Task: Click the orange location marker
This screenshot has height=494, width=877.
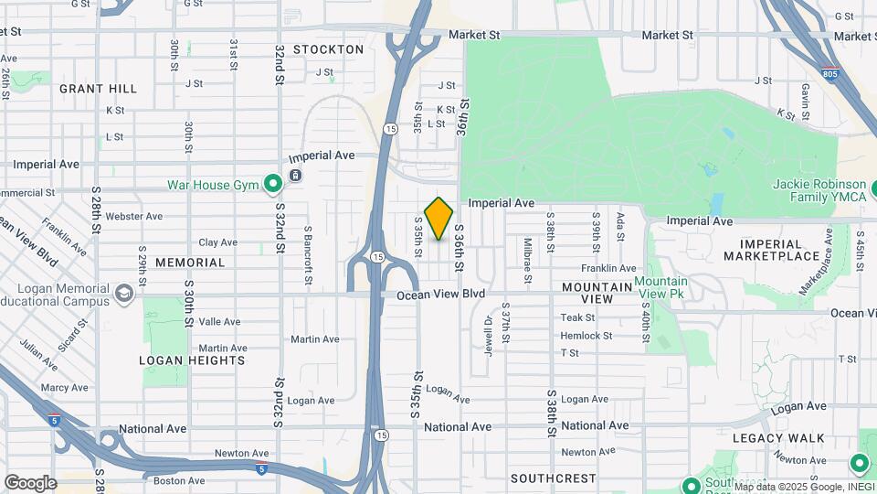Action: (439, 218)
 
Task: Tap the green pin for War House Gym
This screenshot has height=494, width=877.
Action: (272, 185)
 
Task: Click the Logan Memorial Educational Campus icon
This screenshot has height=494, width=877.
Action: (124, 294)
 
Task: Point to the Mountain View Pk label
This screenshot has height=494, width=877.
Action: (661, 288)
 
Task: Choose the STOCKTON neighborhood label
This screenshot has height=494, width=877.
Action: (329, 49)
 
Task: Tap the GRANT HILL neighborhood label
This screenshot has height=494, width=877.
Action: (99, 89)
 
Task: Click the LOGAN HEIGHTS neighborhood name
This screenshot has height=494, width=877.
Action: (192, 360)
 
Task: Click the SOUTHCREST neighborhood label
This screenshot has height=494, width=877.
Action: (554, 478)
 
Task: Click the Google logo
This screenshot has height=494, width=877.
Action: (30, 483)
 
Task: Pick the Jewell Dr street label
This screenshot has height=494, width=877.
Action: (489, 335)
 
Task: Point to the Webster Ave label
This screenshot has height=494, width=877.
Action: (133, 217)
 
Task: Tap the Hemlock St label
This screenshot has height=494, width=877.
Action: (586, 336)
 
